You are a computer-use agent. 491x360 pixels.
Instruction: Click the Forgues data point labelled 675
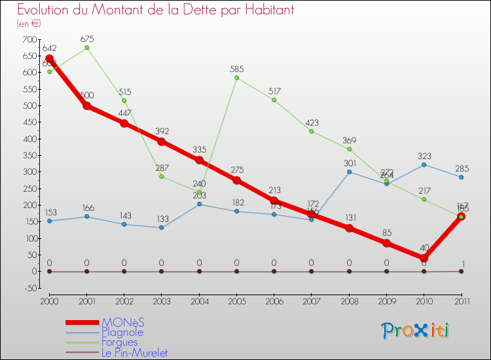[x=87, y=48]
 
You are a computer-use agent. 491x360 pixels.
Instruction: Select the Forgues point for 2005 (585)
[x=236, y=78]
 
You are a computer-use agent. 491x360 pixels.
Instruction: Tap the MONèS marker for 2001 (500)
[x=87, y=105]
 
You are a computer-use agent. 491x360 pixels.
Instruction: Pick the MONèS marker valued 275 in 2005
[x=236, y=180]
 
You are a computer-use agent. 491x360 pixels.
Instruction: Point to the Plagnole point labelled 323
[x=424, y=164]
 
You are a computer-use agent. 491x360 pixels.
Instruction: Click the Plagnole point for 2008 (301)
[x=349, y=171]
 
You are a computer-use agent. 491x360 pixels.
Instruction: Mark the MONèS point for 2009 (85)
[x=386, y=243]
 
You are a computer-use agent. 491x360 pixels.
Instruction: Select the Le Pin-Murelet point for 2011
[x=461, y=271]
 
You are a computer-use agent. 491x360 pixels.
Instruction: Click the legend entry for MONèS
[x=122, y=323]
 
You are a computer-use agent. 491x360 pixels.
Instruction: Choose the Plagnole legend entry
[x=122, y=333]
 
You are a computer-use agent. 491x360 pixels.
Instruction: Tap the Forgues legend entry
[x=120, y=342]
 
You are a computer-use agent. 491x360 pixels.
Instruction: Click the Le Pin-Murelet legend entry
[x=134, y=353]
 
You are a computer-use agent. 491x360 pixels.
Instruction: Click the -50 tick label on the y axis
[x=29, y=288]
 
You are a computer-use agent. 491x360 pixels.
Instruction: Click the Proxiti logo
[x=416, y=331]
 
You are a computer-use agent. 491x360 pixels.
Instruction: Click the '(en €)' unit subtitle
[x=29, y=24]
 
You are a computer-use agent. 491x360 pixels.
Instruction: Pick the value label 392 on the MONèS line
[x=162, y=130]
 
